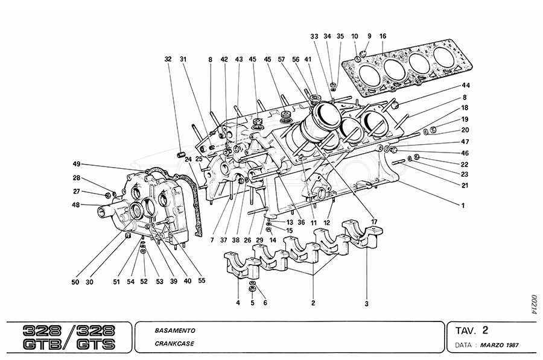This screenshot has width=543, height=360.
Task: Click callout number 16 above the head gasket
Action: point(383,36)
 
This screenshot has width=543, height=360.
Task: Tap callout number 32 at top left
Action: point(168,59)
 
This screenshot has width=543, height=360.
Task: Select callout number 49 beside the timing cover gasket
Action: point(77,164)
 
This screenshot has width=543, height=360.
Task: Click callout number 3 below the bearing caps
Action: point(366,303)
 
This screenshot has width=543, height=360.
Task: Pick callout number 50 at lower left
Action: point(76,282)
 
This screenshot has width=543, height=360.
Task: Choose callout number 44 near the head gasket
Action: point(465,86)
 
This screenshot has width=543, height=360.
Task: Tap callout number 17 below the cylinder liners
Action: point(375,222)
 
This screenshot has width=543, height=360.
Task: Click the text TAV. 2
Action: point(472,330)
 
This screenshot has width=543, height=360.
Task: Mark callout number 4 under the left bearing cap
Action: point(238,302)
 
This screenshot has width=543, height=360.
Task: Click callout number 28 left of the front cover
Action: point(77,178)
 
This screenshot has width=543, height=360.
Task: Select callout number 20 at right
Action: point(465,130)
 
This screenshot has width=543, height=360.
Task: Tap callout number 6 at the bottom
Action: point(264,302)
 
